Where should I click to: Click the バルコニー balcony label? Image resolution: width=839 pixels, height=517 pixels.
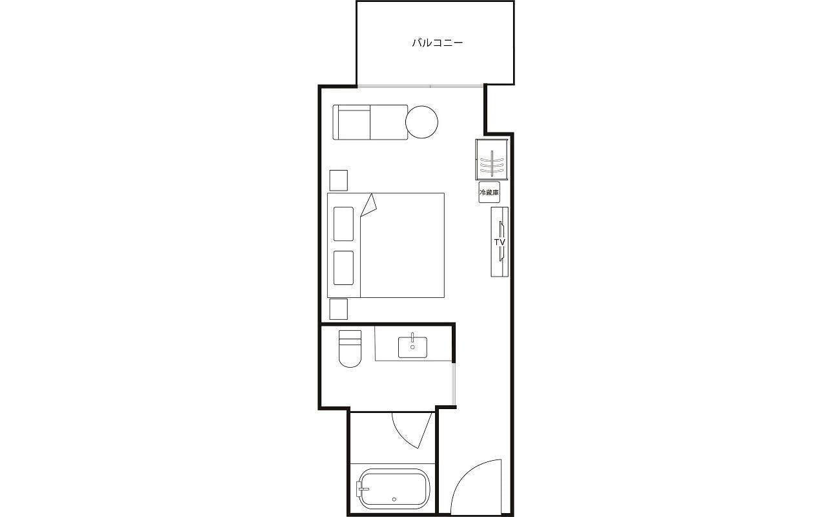pyautogui.click(x=437, y=43)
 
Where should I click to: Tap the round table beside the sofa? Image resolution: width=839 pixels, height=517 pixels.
pyautogui.click(x=421, y=122)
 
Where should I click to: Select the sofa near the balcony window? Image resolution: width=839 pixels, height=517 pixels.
pyautogui.click(x=370, y=122)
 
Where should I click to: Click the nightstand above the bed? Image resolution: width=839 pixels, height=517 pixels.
pyautogui.click(x=338, y=180)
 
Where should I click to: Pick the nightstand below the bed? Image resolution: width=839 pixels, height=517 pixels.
pyautogui.click(x=338, y=309)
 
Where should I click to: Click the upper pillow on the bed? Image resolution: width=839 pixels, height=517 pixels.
pyautogui.click(x=343, y=224)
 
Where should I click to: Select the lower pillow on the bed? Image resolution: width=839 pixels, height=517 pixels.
pyautogui.click(x=343, y=268)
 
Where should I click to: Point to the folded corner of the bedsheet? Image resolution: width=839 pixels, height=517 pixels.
pyautogui.click(x=369, y=206)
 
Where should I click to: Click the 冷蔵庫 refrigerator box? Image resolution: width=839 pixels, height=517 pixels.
pyautogui.click(x=489, y=192)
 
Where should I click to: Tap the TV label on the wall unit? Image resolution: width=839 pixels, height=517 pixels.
pyautogui.click(x=500, y=242)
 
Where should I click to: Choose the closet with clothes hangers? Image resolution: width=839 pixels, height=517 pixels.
pyautogui.click(x=492, y=160)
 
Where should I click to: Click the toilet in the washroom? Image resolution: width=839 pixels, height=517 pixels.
pyautogui.click(x=350, y=348)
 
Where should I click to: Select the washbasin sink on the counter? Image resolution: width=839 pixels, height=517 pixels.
pyautogui.click(x=412, y=347)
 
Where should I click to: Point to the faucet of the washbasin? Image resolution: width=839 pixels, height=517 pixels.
pyautogui.click(x=412, y=337)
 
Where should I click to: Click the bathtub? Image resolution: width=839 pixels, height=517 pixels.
pyautogui.click(x=393, y=489)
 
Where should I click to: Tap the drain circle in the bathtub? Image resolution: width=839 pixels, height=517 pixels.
pyautogui.click(x=394, y=500)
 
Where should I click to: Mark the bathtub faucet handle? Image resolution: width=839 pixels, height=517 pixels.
pyautogui.click(x=363, y=489)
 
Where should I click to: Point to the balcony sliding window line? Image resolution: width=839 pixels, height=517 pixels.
pyautogui.click(x=420, y=87)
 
